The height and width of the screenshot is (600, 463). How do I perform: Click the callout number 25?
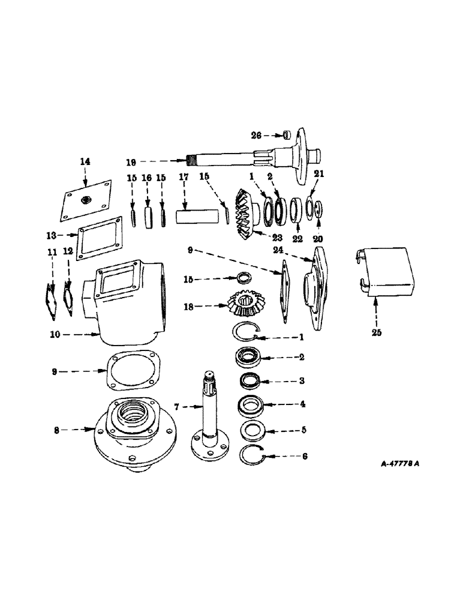(377, 332)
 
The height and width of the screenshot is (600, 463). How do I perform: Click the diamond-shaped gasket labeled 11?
(49, 298)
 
